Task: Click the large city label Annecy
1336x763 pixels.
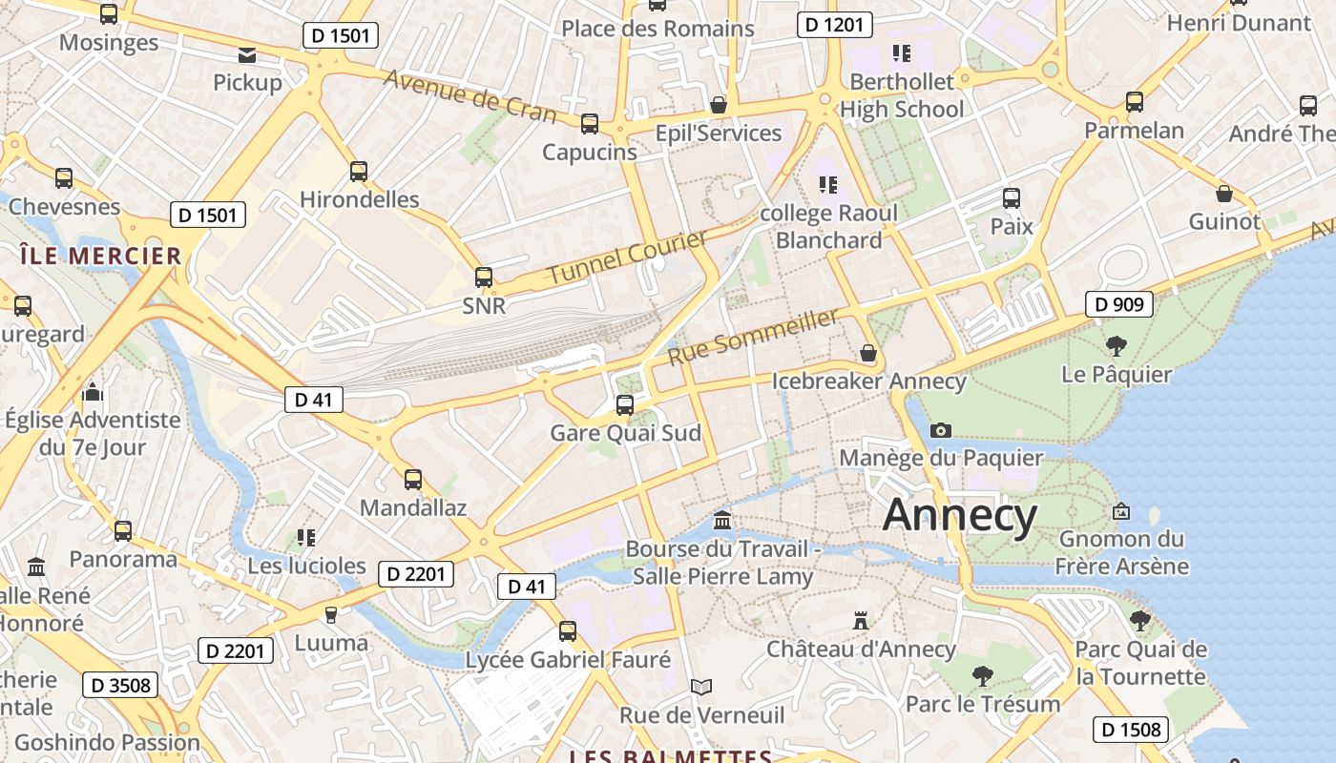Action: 959,516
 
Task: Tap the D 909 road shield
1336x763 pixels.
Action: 1119,305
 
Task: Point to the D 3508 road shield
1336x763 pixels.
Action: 122,685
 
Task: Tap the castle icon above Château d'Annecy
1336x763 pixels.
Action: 861,621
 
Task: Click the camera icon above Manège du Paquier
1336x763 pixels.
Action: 940,431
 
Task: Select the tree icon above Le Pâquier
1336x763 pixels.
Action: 1116,345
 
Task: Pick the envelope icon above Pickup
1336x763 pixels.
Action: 247,54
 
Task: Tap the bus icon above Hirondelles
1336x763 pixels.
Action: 359,172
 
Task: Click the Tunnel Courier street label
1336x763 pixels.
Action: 628,256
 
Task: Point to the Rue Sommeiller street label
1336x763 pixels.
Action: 753,337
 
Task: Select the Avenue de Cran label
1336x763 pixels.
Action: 470,96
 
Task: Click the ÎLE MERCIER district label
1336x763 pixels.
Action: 100,256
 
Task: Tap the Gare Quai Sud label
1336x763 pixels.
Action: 625,433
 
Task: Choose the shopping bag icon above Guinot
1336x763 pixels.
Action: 1224,195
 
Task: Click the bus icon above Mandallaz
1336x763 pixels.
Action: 413,480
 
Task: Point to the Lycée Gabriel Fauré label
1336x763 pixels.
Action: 568,660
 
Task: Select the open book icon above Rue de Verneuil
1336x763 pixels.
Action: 701,687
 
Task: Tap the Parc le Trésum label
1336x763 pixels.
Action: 982,704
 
